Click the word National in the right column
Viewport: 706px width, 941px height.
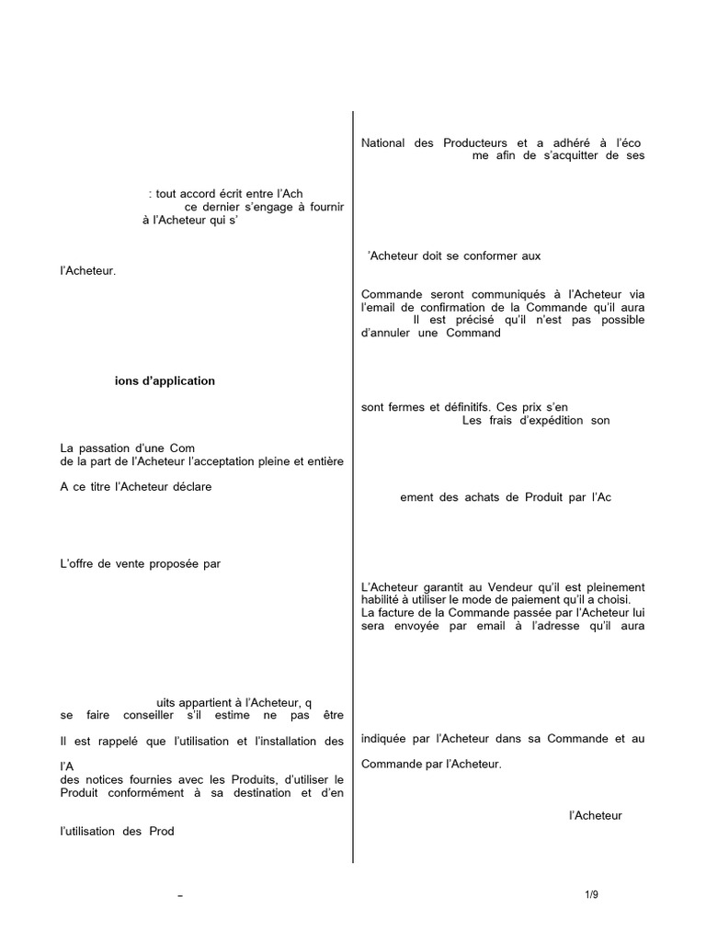click(382, 143)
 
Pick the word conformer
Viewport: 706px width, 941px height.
click(497, 256)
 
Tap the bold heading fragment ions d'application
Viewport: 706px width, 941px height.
click(165, 381)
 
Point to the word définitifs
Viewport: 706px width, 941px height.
click(468, 407)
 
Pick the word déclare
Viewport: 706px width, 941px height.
click(189, 487)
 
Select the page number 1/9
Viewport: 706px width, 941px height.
click(591, 895)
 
